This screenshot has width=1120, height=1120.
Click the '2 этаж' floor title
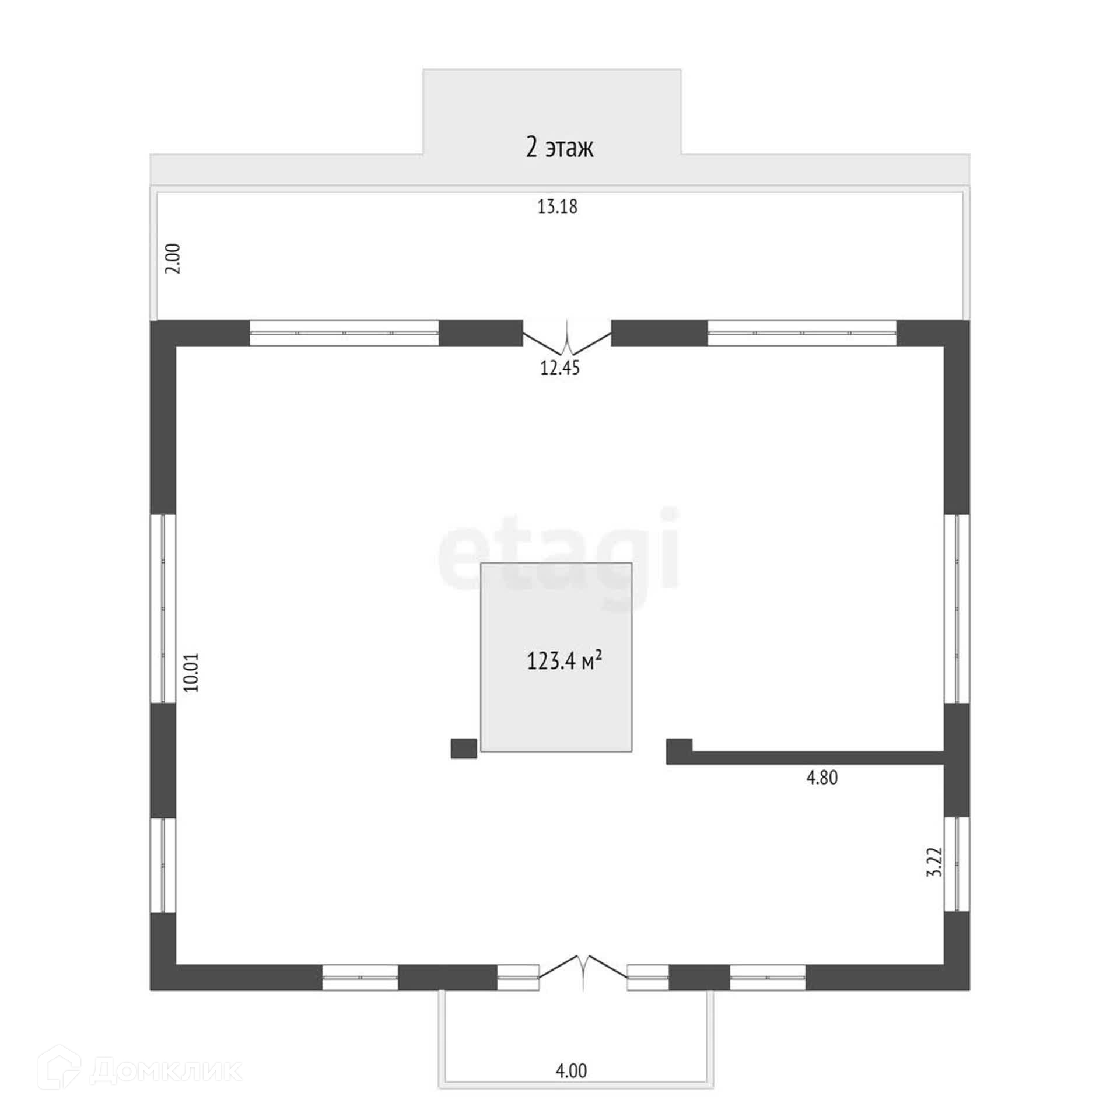click(559, 148)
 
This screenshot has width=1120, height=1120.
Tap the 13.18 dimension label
click(557, 207)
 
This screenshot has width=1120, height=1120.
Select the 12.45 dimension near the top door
click(560, 368)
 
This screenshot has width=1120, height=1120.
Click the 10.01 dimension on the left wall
click(191, 673)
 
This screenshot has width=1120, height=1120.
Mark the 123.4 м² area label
click(564, 661)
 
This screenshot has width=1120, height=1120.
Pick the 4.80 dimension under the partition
click(822, 778)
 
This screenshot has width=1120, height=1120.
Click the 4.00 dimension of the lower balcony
click(571, 1071)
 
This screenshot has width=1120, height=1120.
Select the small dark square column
click(464, 748)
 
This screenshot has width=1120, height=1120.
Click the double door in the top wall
click(566, 338)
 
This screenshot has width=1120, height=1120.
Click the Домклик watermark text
click(166, 1071)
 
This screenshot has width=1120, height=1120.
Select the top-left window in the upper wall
click(344, 332)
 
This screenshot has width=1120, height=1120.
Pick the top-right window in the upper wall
click(801, 332)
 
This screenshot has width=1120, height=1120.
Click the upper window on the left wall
click(163, 608)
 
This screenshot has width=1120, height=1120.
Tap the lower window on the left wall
click(163, 865)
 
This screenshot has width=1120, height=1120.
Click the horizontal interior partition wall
click(817, 757)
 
